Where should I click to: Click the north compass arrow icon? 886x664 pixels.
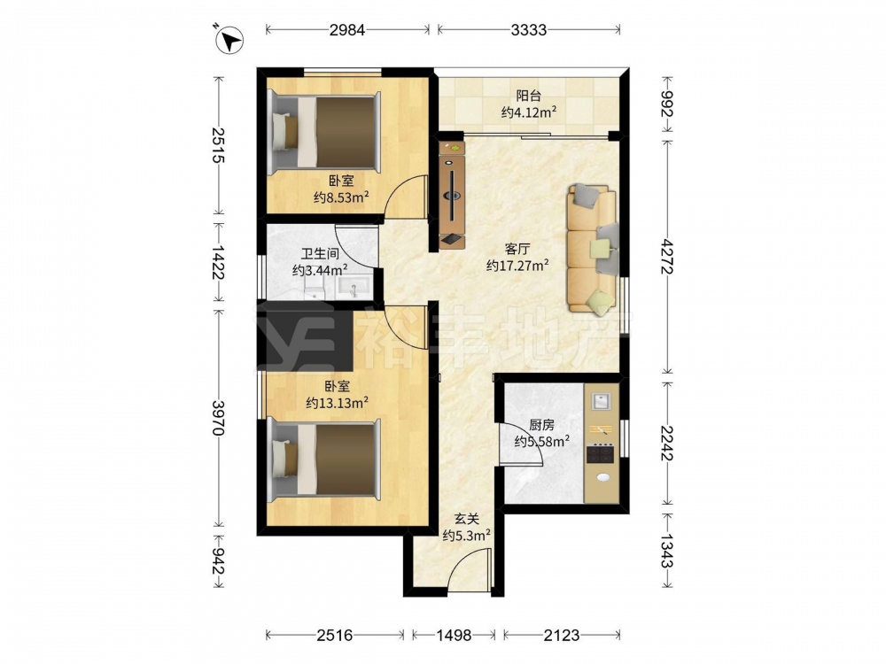(229, 40)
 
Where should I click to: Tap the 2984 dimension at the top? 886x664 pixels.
(347, 29)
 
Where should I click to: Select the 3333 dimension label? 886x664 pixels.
(528, 29)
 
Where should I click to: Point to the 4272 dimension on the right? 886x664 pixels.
(667, 256)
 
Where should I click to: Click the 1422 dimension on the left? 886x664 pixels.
(218, 261)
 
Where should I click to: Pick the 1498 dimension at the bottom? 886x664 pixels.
(454, 635)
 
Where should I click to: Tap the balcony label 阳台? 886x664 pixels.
(528, 96)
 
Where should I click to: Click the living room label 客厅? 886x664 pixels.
(517, 249)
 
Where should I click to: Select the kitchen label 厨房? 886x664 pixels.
(541, 425)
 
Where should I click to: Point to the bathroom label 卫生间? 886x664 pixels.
(319, 254)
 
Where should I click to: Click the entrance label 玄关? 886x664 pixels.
(467, 518)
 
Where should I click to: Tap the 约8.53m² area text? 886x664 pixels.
(341, 197)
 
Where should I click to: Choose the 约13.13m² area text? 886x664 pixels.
(338, 403)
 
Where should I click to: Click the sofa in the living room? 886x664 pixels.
(592, 249)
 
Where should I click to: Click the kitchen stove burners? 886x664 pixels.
(600, 453)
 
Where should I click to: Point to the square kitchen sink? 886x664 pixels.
(601, 401)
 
